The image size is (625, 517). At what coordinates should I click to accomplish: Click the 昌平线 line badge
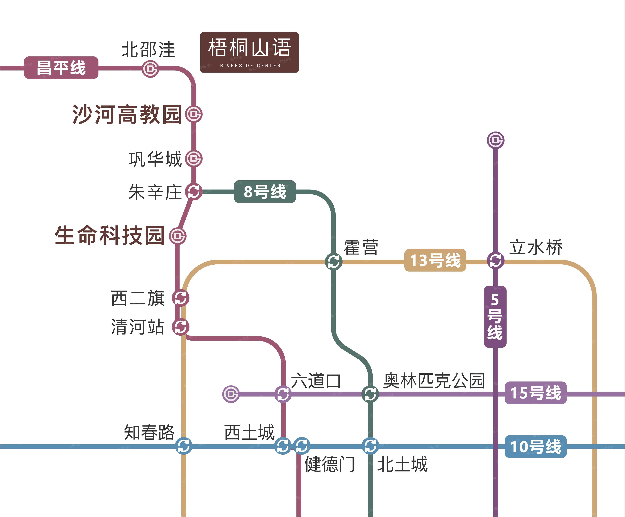click(61, 68)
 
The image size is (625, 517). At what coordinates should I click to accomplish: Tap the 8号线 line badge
click(265, 192)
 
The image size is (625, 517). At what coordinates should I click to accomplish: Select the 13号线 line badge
click(435, 260)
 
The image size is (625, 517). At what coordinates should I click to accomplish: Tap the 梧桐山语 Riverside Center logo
click(249, 52)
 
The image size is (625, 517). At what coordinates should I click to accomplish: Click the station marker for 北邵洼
click(150, 69)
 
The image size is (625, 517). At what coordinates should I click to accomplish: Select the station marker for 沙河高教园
click(194, 114)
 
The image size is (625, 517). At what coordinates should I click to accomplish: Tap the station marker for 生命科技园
click(178, 236)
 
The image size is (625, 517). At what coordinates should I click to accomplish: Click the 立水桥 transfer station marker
click(496, 260)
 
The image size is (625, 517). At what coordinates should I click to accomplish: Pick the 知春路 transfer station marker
click(183, 446)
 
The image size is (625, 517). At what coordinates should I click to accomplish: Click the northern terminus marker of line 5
click(496, 140)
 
